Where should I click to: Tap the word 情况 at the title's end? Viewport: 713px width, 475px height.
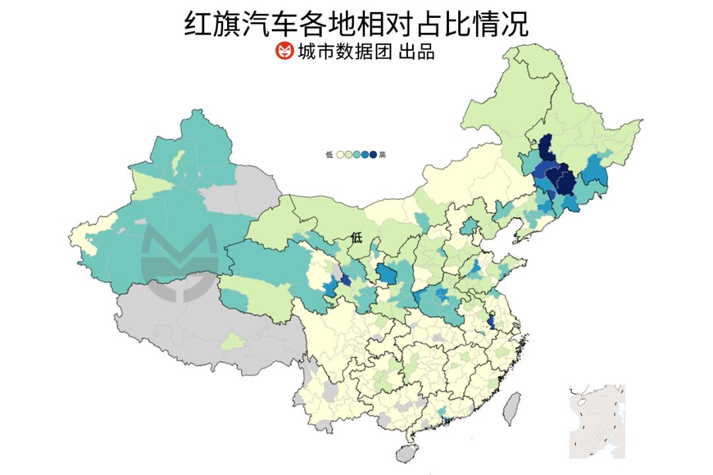pos(507,24)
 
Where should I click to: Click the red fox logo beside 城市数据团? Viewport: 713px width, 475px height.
pos(284,51)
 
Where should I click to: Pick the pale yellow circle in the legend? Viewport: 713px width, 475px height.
pos(340,155)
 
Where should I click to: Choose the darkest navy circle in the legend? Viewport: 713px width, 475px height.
pos(373,155)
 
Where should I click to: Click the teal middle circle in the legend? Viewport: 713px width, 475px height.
pos(356,155)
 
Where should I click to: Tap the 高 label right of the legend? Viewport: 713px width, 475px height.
pos(383,155)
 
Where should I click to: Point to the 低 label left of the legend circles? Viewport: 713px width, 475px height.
pos(329,155)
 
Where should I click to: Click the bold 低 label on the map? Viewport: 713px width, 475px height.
pos(357,237)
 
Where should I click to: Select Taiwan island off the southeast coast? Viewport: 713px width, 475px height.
pos(512,408)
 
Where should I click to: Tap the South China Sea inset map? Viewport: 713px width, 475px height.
pos(597,421)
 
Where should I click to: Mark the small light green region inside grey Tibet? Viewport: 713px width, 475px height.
pos(232,342)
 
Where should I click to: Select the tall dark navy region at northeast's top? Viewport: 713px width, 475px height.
pos(545,148)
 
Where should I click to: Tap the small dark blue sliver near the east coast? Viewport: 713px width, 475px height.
pos(491,322)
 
